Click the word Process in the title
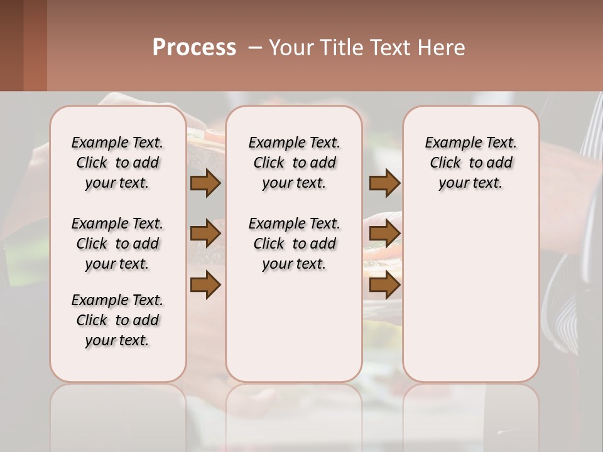click(194, 48)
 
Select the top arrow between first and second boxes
click(205, 183)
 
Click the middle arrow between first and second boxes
click(205, 234)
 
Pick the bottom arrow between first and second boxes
click(205, 286)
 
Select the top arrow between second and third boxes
click(384, 183)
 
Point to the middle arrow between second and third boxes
click(384, 234)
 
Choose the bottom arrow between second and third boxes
click(384, 286)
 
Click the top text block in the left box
click(117, 163)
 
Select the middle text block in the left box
click(117, 244)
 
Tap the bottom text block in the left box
click(117, 320)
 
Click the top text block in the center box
click(294, 163)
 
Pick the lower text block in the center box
click(294, 244)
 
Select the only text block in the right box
click(470, 163)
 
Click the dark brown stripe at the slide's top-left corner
click(11, 45)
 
